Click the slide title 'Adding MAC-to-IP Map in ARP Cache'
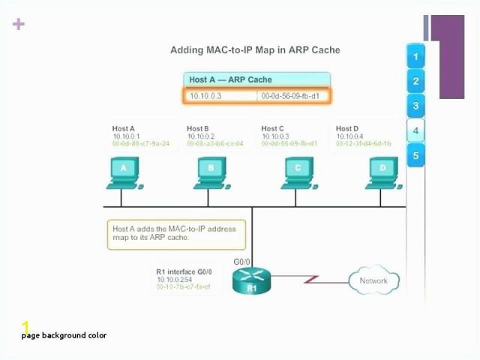[x=255, y=50]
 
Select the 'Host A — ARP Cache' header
[x=230, y=79]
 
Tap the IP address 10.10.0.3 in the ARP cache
[x=205, y=96]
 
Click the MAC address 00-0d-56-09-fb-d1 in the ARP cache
[x=289, y=96]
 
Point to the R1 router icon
[x=251, y=282]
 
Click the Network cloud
[x=373, y=281]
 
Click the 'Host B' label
[x=198, y=128]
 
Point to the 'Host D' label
[x=347, y=128]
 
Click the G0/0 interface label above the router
[x=242, y=262]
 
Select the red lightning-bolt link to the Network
[x=308, y=280]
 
